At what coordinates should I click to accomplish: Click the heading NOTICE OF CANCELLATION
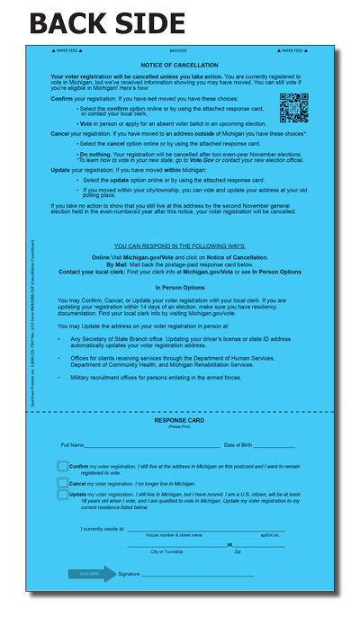point(179,66)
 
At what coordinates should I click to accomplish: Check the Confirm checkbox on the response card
point(63,466)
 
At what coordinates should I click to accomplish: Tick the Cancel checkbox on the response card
point(63,481)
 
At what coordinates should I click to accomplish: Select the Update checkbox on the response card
point(63,494)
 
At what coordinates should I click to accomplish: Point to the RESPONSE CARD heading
point(179,420)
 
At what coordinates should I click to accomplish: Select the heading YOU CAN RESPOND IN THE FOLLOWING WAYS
point(179,245)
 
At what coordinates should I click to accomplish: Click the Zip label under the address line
point(238,550)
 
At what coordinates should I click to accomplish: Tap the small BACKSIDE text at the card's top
point(179,51)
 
